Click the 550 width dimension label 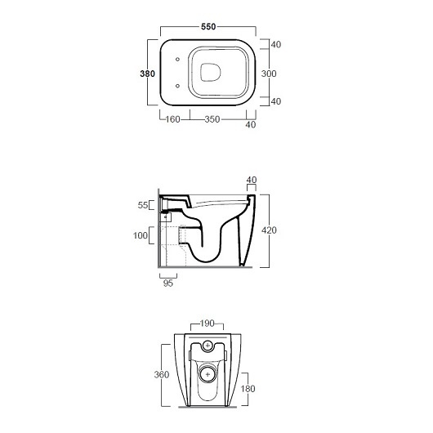click(208, 27)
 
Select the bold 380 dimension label click(147, 74)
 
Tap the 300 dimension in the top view click(269, 74)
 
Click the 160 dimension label click(172, 119)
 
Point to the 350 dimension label click(212, 119)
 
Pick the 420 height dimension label click(269, 230)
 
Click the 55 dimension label click(143, 205)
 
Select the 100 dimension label click(141, 235)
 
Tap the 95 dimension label click(168, 283)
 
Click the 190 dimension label click(208, 323)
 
